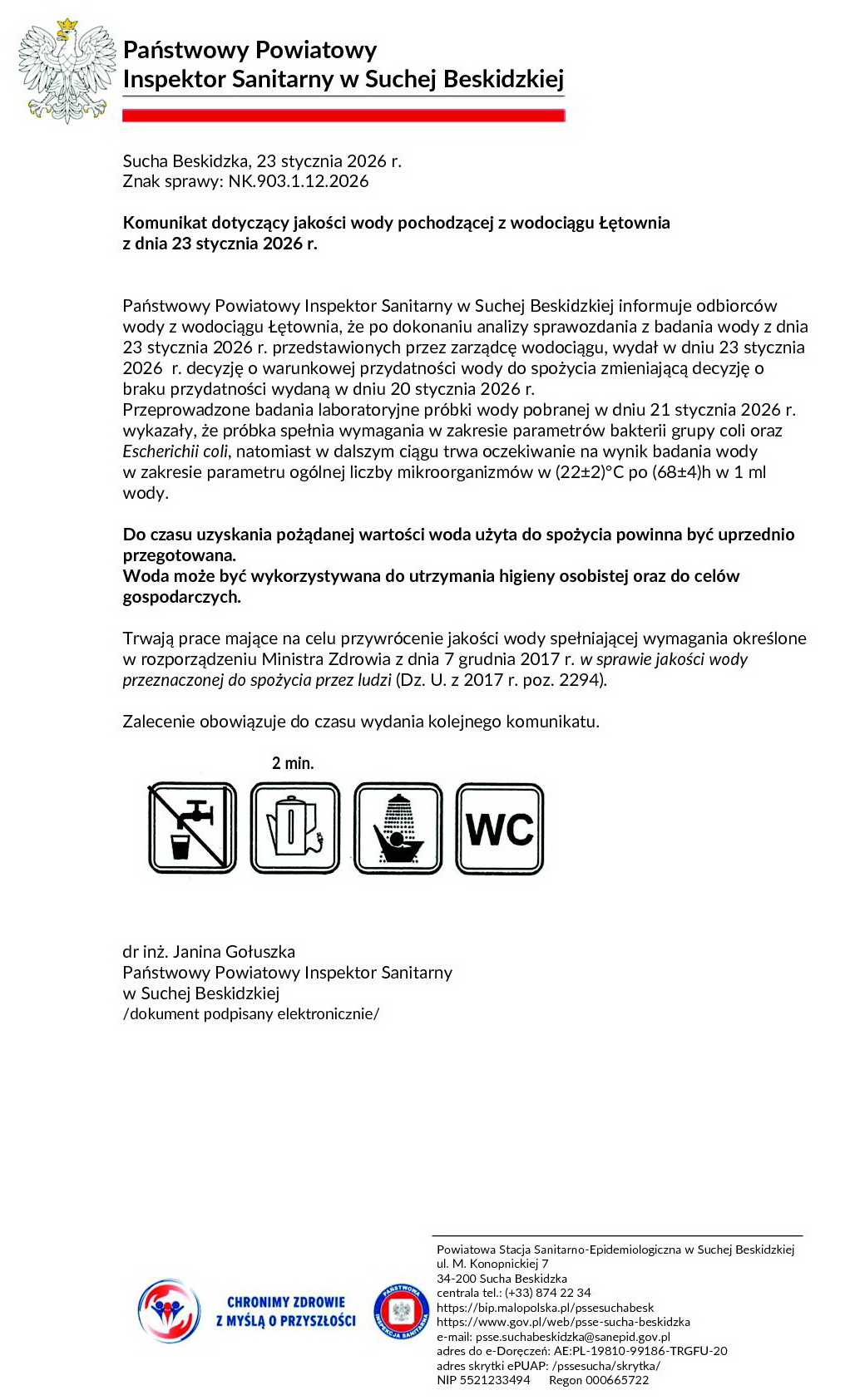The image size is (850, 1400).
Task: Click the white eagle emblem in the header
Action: (67, 71)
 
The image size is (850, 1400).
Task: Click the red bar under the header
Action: (343, 116)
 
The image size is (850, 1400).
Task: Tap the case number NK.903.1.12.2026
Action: (299, 181)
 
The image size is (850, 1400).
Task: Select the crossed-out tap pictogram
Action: (192, 828)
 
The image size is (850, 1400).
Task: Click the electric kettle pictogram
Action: (295, 828)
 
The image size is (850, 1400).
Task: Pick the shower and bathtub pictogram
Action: (398, 828)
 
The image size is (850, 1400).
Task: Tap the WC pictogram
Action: (500, 828)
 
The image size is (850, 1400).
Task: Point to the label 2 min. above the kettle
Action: (293, 763)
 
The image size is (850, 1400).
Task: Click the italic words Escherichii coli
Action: (175, 451)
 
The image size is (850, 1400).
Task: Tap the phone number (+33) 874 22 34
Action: (547, 1293)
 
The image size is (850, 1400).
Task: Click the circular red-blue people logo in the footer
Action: (169, 1311)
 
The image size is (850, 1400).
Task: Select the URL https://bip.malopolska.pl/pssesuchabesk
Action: (545, 1308)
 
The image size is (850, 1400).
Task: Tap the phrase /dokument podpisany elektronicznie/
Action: (250, 1013)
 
